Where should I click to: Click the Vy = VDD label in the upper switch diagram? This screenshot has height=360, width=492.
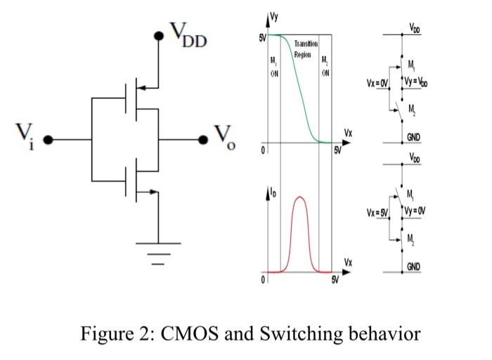pyautogui.click(x=418, y=82)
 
